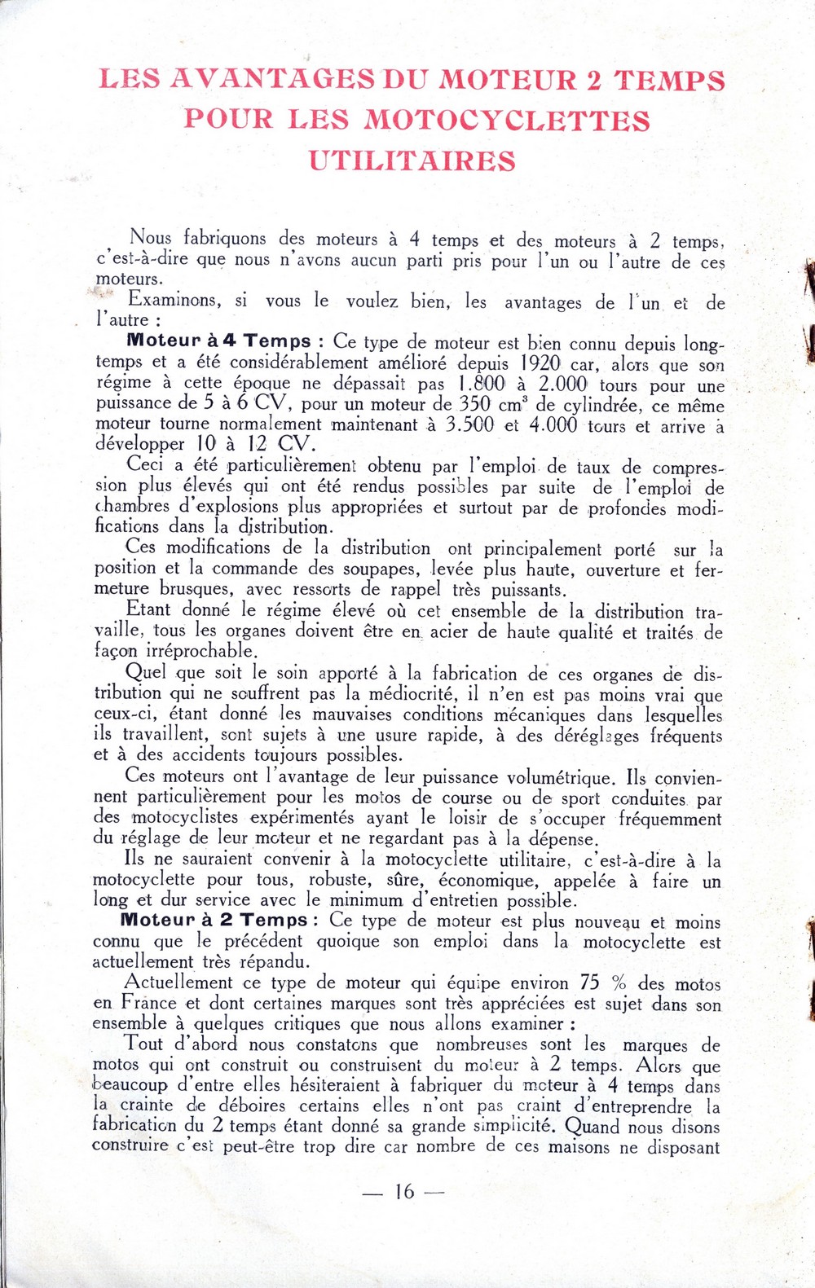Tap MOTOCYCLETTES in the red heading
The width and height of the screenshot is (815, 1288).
[x=506, y=120]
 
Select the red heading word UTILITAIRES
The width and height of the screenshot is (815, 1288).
[x=412, y=160]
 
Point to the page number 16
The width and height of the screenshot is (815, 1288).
[x=404, y=1191]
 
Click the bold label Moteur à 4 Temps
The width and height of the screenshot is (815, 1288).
[x=219, y=341]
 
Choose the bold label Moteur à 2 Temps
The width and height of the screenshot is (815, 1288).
[x=214, y=920]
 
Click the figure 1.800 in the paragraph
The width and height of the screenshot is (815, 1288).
[x=483, y=384]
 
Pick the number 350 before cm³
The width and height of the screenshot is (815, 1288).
[x=474, y=404]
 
